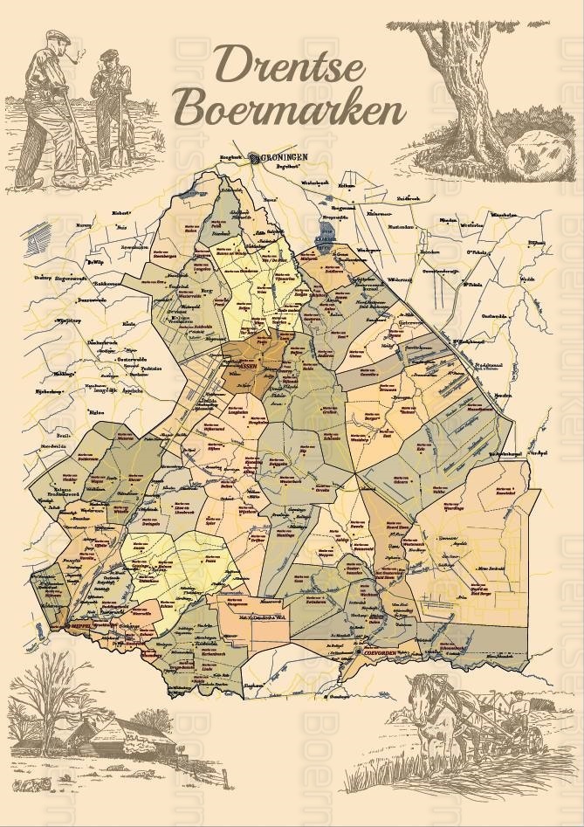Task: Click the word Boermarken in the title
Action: pos(290,112)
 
